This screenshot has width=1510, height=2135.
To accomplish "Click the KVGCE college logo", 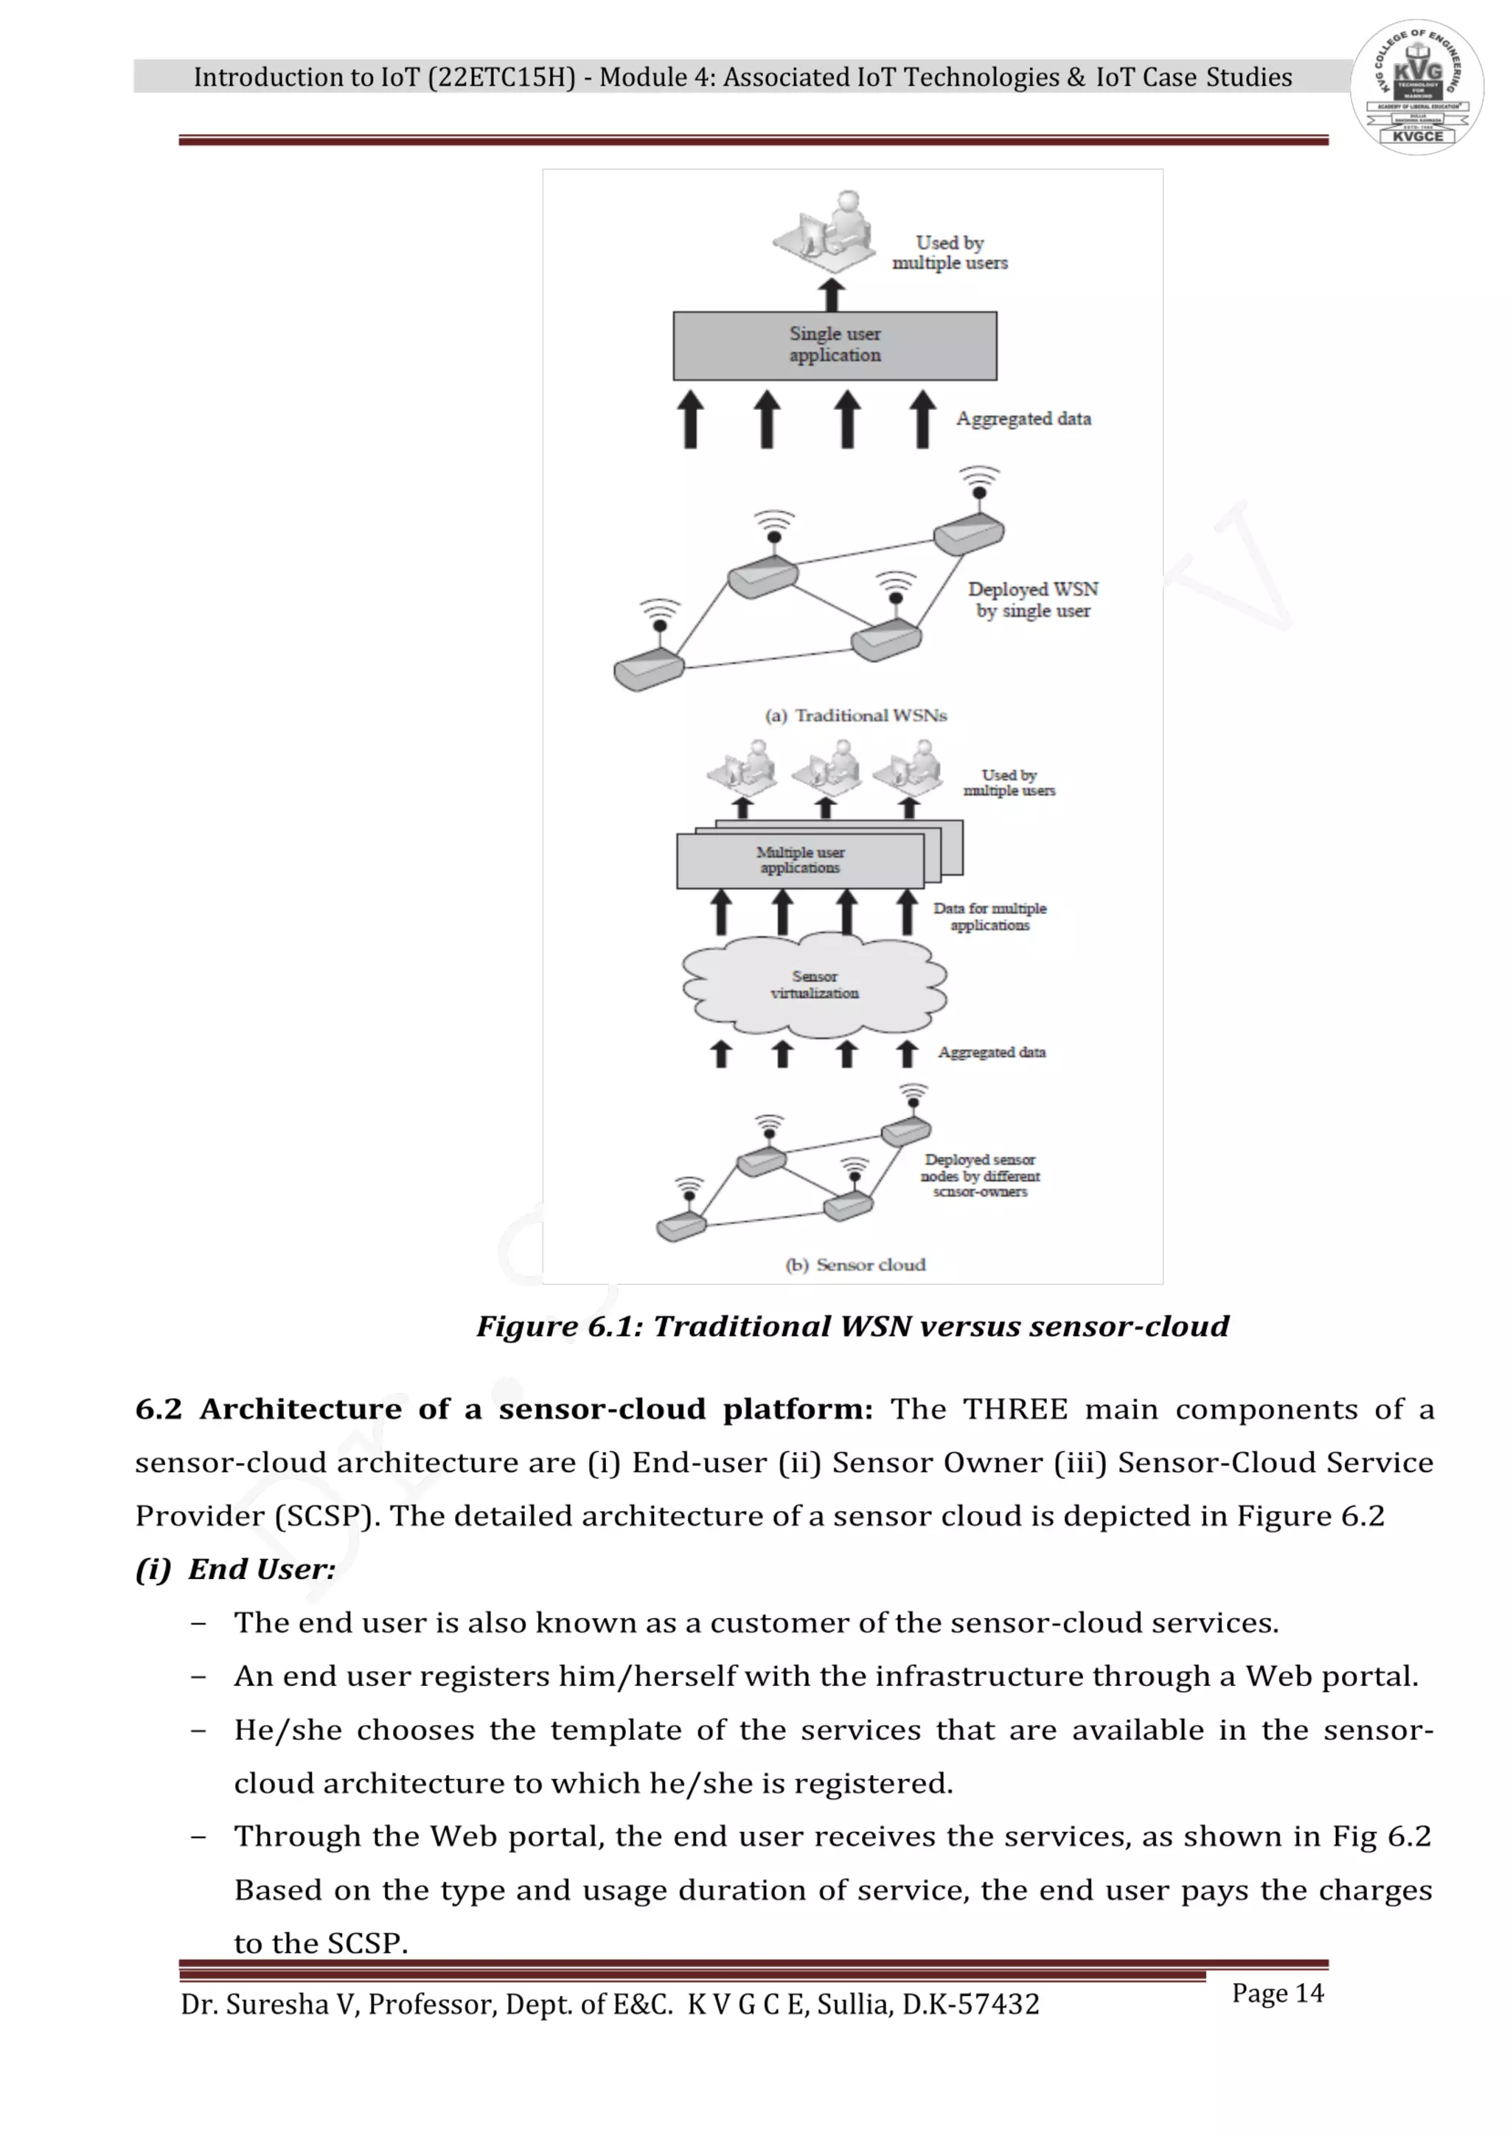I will point(1416,88).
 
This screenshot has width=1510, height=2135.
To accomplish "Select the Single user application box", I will point(834,345).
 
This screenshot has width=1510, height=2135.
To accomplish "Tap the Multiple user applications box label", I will point(800,860).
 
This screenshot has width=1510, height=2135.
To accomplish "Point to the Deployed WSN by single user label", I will point(1033,600).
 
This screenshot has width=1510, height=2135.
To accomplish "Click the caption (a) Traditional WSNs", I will point(855,715).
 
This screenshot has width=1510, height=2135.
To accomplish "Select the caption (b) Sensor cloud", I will point(855,1265).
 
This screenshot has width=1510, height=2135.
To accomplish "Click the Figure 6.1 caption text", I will point(852,1326).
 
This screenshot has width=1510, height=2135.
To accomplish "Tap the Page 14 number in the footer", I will point(1278,1993).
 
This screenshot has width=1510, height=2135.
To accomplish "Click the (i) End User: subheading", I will point(235,1569).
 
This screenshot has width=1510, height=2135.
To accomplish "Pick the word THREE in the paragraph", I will point(1015,1410).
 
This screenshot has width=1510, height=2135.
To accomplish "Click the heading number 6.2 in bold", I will point(158,1410).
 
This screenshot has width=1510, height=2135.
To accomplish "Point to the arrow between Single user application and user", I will point(832,296).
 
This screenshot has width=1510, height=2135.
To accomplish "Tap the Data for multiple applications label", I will point(989,916).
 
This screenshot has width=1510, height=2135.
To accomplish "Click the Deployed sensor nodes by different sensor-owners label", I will point(980,1176).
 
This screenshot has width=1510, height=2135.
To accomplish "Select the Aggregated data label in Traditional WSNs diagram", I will point(1023,418).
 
